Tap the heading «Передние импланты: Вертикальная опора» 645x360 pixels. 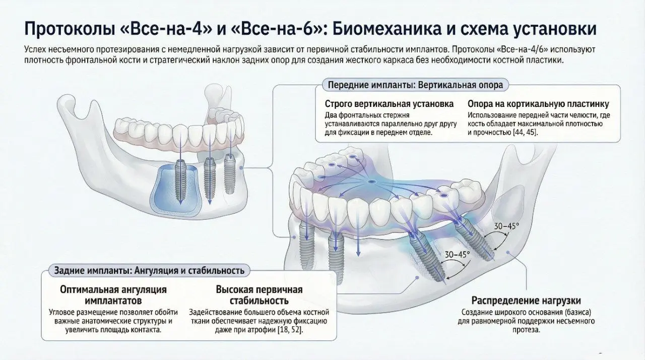tap(415, 85)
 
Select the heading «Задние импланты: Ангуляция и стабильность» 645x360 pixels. tap(149, 270)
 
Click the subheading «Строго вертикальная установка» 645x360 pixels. tap(389, 104)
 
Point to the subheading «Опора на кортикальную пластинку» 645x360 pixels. tap(538, 104)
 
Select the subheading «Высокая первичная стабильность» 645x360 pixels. tap(259, 295)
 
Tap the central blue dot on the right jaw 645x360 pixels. tap(371, 181)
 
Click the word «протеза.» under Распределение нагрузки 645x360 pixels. tap(526, 330)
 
